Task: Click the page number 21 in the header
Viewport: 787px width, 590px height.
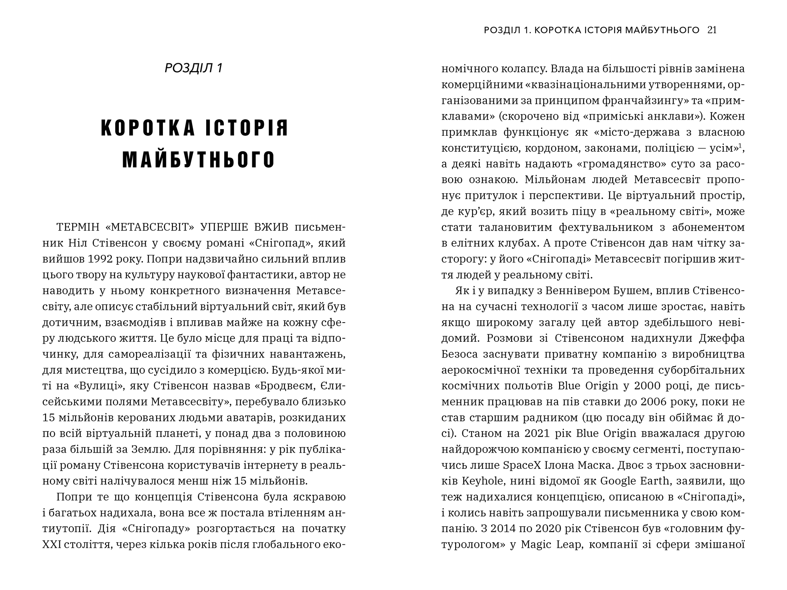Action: [712, 30]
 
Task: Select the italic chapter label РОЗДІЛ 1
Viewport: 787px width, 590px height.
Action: [194, 68]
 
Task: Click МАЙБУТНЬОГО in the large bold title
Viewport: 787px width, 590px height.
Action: [199, 160]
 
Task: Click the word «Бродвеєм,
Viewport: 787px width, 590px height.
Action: [286, 386]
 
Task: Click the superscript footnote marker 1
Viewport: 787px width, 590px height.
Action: [740, 146]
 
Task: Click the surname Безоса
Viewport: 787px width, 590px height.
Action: [460, 354]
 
